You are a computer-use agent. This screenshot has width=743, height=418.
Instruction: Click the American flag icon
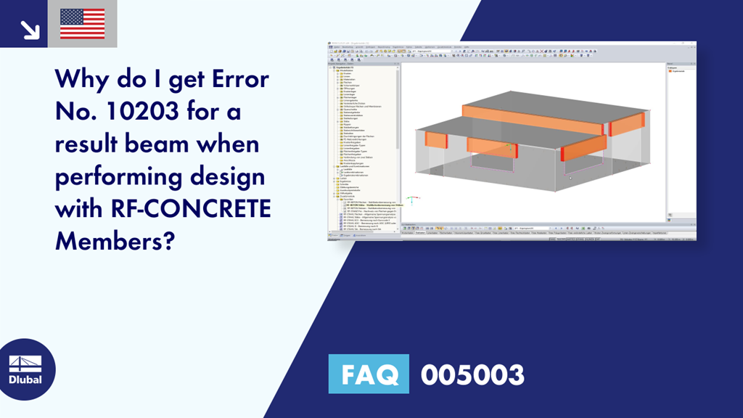click(82, 23)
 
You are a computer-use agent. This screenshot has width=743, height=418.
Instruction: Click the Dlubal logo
click(25, 369)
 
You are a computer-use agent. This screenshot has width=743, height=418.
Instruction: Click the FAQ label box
click(369, 374)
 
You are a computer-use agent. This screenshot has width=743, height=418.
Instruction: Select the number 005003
click(472, 374)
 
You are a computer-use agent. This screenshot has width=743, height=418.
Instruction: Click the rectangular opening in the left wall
click(493, 163)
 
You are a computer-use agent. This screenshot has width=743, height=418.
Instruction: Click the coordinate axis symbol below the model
click(411, 197)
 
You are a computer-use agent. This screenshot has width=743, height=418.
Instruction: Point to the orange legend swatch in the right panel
click(670, 71)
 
